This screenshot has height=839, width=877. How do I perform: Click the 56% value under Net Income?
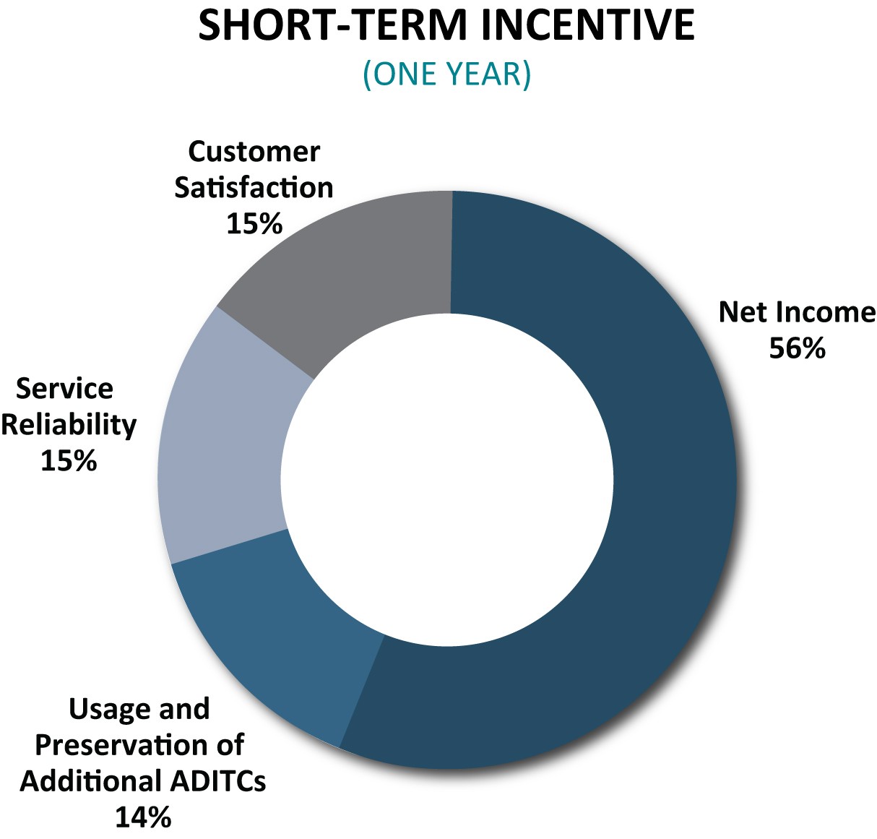pos(797,348)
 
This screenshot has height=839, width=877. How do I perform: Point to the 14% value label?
pos(143,817)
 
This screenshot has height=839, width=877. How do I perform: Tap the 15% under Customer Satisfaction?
pos(254,223)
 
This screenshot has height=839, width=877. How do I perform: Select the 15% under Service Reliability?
pos(69,460)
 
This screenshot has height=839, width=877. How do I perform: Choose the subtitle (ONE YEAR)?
pos(447,74)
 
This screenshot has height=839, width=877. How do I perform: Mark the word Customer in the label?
pos(254,152)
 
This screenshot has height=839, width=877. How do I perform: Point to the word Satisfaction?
pos(254,187)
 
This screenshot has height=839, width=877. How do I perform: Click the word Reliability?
pos(69,424)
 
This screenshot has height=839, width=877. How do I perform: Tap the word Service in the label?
pos(64,388)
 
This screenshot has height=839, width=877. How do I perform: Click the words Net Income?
pos(797,312)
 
